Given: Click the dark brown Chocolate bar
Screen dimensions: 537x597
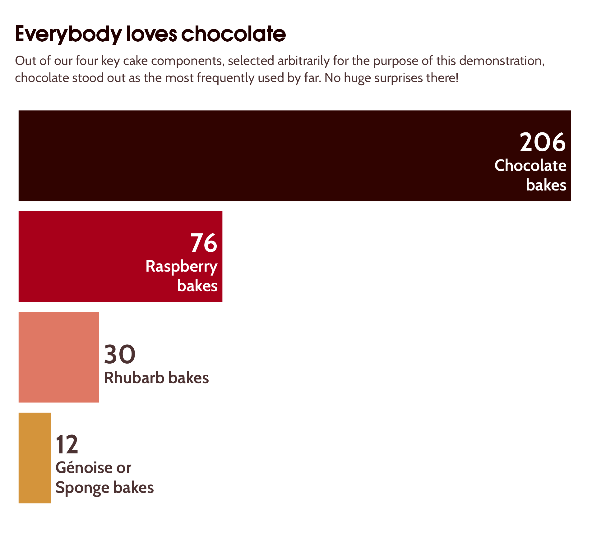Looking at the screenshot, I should (x=249, y=156).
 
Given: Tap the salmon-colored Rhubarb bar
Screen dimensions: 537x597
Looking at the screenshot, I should (x=59, y=357).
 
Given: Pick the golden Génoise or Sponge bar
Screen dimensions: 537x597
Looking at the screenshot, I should (x=35, y=458).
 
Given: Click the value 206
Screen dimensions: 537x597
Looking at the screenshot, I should (x=543, y=142).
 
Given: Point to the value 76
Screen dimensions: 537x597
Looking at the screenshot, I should (x=204, y=243).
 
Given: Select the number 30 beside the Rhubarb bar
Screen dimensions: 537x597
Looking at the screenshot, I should (x=120, y=354).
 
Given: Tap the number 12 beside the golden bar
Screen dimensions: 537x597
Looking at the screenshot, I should (x=67, y=445).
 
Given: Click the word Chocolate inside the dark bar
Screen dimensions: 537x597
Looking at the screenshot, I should (x=530, y=165).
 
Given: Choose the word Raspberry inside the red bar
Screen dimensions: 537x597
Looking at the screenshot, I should (x=182, y=267).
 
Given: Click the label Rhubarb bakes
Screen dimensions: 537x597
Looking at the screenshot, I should (x=156, y=378).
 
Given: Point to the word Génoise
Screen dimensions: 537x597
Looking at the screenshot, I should (x=84, y=467).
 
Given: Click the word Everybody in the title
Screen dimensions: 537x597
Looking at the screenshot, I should (x=68, y=34).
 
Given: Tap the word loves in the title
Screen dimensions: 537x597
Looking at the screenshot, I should (x=152, y=34).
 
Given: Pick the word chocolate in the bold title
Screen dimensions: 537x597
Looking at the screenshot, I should (x=233, y=34).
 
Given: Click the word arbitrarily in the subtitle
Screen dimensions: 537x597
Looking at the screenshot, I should (x=303, y=61).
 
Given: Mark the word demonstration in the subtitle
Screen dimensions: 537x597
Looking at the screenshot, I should (x=502, y=61).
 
